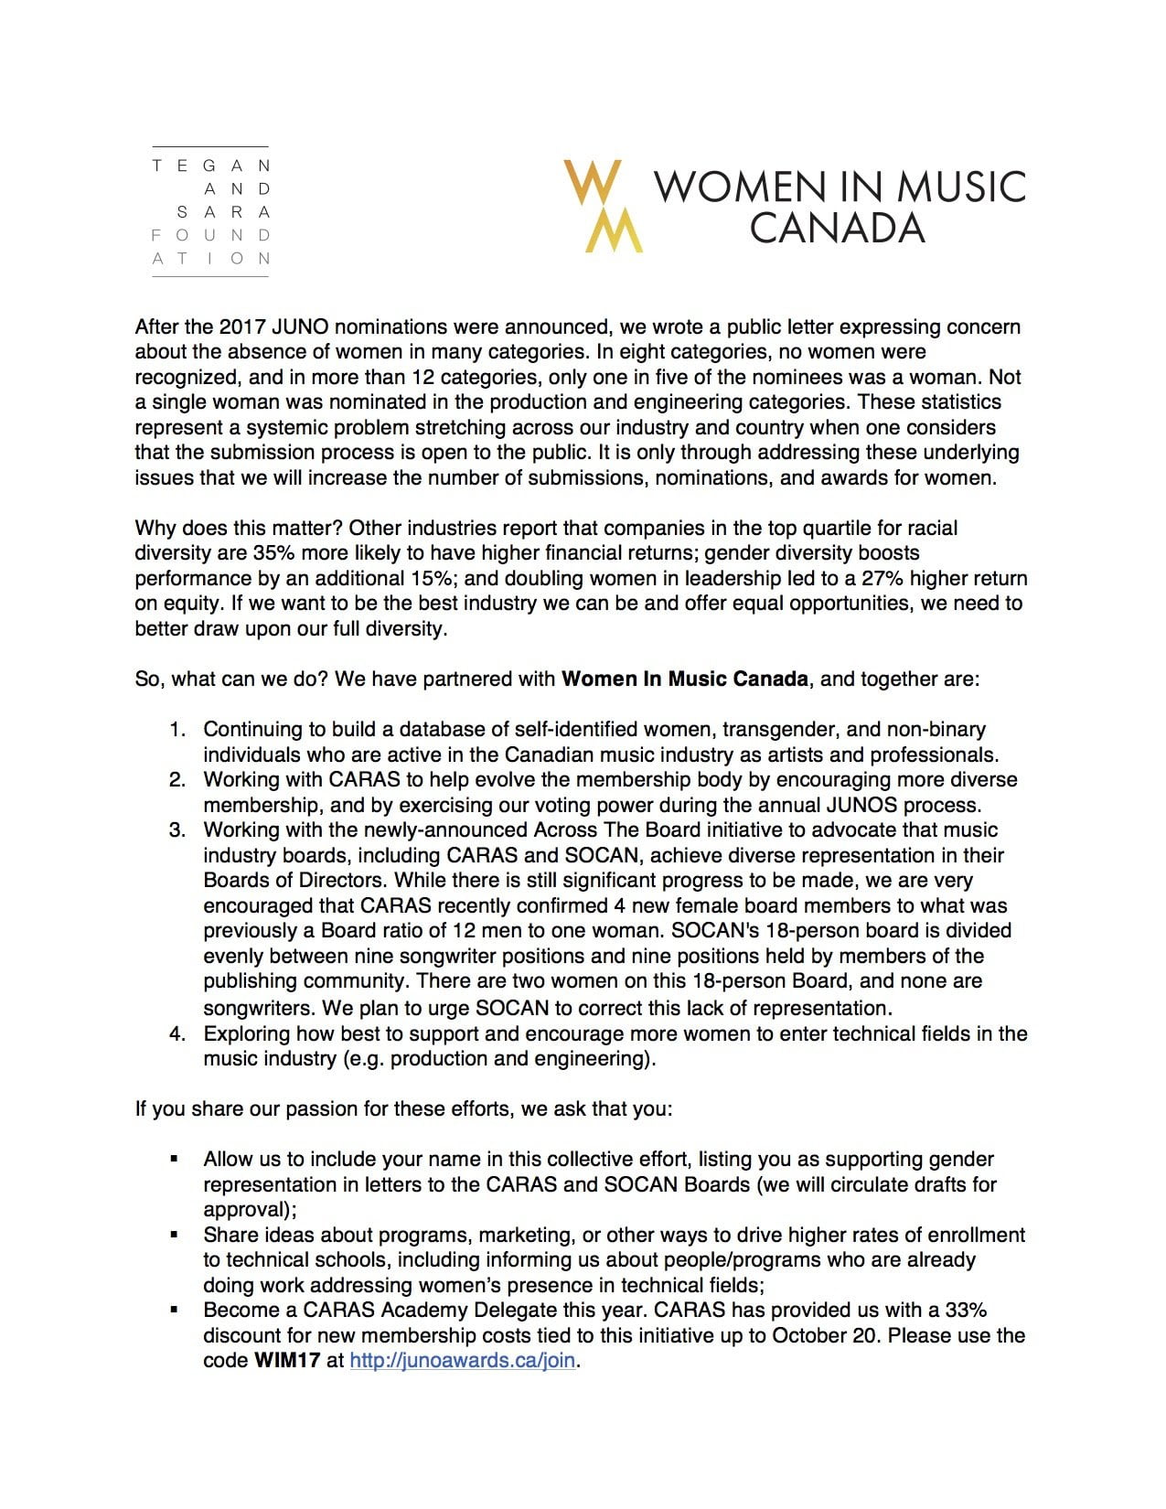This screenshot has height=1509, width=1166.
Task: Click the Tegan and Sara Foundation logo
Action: tap(211, 212)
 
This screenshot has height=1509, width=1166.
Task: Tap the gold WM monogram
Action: tap(604, 206)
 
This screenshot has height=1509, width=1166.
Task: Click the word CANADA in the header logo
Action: tap(837, 229)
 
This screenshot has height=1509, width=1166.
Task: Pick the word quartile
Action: tap(850, 529)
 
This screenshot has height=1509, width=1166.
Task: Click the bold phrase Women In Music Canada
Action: tap(684, 680)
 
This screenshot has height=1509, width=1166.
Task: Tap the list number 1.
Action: tap(177, 730)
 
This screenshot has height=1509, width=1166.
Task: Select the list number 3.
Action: tap(177, 830)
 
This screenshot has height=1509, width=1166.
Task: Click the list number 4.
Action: tap(177, 1034)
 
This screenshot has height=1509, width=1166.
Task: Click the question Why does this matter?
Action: tap(239, 529)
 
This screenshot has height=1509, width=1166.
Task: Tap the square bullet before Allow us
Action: tap(174, 1160)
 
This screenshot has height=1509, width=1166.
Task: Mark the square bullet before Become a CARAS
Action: tap(174, 1311)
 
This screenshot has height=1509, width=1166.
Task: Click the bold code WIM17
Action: tap(287, 1361)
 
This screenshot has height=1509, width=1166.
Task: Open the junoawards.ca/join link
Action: tap(463, 1361)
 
